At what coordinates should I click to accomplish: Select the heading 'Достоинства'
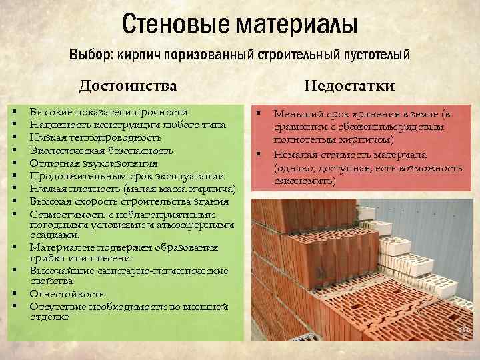click(128, 85)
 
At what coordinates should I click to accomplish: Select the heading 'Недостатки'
click(349, 85)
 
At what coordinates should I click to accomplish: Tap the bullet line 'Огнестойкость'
click(67, 293)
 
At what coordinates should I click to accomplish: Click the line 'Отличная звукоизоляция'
click(93, 163)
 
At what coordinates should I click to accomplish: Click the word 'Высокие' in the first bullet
click(51, 112)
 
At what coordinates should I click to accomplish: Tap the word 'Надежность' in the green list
click(59, 125)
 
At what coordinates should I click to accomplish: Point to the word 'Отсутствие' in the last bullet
click(57, 306)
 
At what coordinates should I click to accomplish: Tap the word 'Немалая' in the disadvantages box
click(294, 155)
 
